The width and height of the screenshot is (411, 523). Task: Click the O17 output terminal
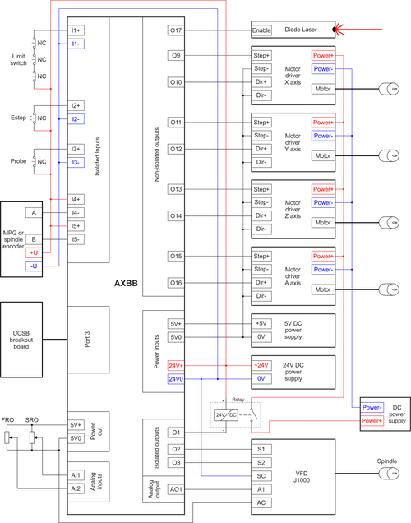click(x=176, y=30)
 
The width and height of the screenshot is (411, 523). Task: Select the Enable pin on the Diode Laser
click(x=261, y=30)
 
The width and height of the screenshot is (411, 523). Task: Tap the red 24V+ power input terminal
click(x=176, y=365)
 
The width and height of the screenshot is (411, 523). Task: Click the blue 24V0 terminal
click(x=176, y=378)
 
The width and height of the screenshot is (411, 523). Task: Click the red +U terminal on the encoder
click(x=34, y=252)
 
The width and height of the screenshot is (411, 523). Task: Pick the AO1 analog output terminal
click(x=176, y=488)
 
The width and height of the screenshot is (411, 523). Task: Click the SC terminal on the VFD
click(x=261, y=475)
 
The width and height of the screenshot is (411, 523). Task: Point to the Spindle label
click(x=386, y=463)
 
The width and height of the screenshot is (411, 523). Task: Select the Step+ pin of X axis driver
click(x=261, y=56)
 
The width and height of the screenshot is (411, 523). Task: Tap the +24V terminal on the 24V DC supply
click(x=261, y=365)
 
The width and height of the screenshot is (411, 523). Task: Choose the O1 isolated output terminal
click(x=176, y=433)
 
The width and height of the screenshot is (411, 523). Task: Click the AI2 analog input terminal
click(x=76, y=488)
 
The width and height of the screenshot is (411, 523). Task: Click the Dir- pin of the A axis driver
click(x=261, y=295)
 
